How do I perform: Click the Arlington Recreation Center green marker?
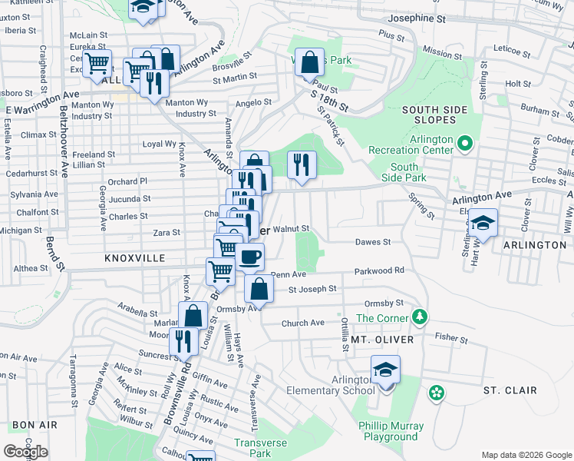tap(464, 144)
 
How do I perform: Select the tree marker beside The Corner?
tap(419, 317)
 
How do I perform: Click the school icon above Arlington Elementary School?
tap(385, 370)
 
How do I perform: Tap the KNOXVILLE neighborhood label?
tap(134, 260)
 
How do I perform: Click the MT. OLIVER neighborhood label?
tap(382, 339)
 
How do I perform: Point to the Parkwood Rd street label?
tap(378, 271)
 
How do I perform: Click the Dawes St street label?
tap(373, 242)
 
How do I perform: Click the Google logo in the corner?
tap(25, 451)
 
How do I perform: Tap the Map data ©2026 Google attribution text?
tap(526, 455)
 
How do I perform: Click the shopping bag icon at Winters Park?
tap(308, 65)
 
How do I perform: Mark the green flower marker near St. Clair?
tap(437, 393)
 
